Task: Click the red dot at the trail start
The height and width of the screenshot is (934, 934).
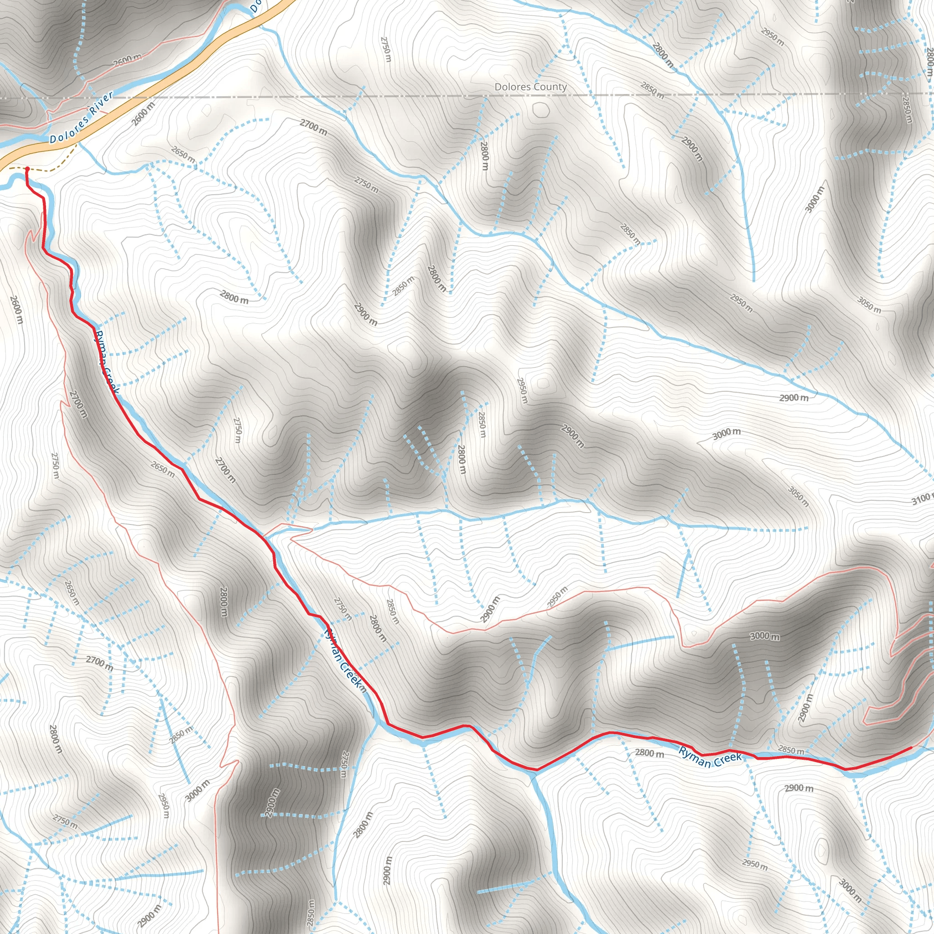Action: click(27, 169)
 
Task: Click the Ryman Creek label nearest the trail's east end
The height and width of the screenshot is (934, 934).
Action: click(709, 758)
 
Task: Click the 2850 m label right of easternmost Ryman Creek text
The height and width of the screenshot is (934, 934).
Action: click(791, 750)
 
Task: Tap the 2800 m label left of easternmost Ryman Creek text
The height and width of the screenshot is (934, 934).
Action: click(649, 752)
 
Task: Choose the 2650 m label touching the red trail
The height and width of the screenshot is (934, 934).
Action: click(162, 469)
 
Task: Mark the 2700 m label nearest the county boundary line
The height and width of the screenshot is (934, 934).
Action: click(313, 127)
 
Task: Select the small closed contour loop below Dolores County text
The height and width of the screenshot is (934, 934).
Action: click(540, 110)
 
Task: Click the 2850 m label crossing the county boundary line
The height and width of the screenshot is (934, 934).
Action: click(653, 90)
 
